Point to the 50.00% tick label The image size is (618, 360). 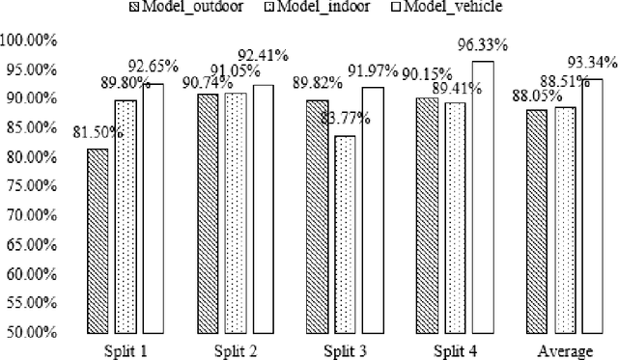coord(33,332)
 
